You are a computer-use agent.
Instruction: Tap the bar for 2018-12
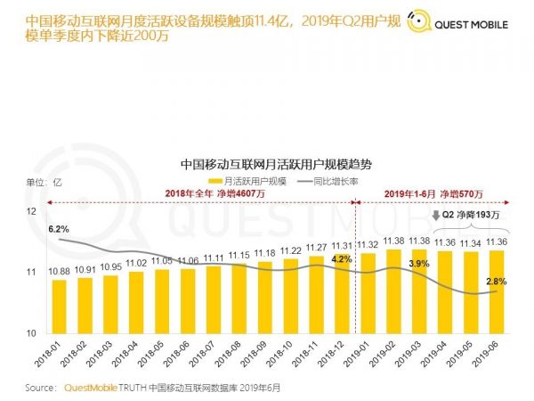(x=343, y=295)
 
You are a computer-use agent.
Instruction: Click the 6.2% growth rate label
(x=59, y=229)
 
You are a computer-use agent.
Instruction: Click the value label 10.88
(x=59, y=271)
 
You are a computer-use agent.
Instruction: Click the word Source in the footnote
(x=40, y=389)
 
